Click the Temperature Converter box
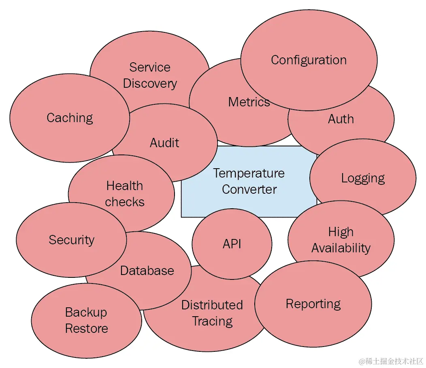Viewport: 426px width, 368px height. (249, 182)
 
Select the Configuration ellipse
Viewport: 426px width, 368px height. (309, 60)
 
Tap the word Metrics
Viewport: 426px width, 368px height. (249, 102)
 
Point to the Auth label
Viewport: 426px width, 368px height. (341, 119)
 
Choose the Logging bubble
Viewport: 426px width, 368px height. (363, 178)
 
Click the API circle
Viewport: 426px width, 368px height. (232, 244)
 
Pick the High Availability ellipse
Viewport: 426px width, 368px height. (341, 240)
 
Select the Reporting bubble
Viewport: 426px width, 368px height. (313, 304)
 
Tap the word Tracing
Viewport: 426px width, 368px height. (212, 321)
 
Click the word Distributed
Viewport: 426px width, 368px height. (212, 305)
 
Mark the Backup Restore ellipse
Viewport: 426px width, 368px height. (86, 320)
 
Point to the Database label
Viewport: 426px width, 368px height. (147, 271)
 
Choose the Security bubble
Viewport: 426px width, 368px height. (71, 240)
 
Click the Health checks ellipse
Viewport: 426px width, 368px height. (124, 194)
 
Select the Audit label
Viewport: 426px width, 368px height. (164, 143)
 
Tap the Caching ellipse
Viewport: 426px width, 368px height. (70, 118)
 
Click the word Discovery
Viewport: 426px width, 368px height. (150, 83)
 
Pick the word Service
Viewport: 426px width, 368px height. (150, 67)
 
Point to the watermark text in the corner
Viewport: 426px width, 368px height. (389, 360)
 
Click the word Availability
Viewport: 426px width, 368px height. (341, 248)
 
